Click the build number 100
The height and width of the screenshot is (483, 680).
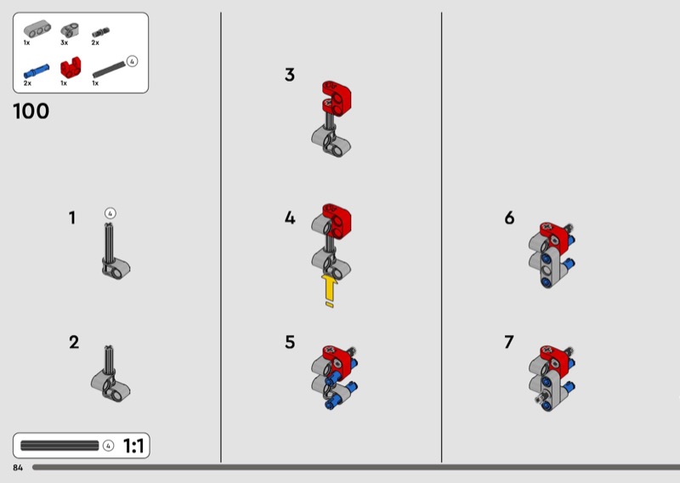click(31, 111)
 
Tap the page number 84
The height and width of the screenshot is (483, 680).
click(18, 468)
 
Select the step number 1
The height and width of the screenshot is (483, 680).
click(72, 218)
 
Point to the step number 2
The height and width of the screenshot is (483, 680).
click(74, 343)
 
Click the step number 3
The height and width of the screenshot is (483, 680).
click(290, 75)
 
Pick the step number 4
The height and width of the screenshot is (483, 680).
click(290, 218)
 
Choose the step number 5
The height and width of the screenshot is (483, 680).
click(290, 343)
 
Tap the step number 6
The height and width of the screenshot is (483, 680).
click(509, 218)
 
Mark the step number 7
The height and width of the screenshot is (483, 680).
click(509, 343)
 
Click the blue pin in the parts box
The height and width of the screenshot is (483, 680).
click(37, 71)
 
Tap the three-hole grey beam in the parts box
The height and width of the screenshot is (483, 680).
click(37, 30)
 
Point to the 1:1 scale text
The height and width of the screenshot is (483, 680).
click(133, 446)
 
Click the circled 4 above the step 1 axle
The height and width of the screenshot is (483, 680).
click(110, 213)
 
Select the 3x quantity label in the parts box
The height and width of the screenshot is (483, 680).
click(65, 43)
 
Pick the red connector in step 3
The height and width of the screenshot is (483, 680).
click(337, 99)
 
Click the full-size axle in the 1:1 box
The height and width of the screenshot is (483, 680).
click(59, 446)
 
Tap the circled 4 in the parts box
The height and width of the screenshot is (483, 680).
click(132, 61)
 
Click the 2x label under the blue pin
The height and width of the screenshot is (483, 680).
click(27, 82)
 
